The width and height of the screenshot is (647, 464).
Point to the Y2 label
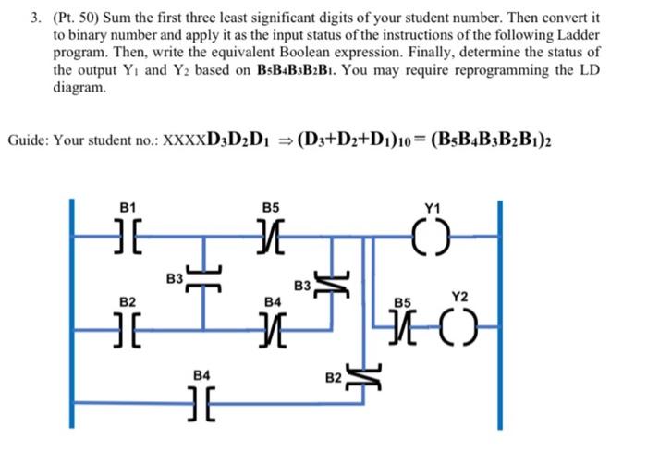point(460,297)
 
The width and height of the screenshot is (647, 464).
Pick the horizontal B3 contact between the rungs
point(204,277)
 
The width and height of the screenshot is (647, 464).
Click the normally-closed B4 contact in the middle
point(273,327)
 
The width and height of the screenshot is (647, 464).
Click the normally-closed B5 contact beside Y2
point(404,326)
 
